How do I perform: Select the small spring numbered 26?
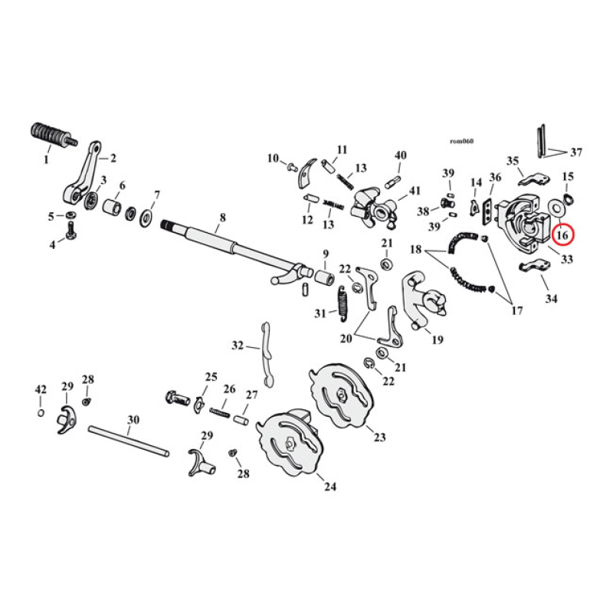click(x=220, y=411)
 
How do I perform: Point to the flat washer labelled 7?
click(x=145, y=219)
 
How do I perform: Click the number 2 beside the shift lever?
click(x=113, y=159)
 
